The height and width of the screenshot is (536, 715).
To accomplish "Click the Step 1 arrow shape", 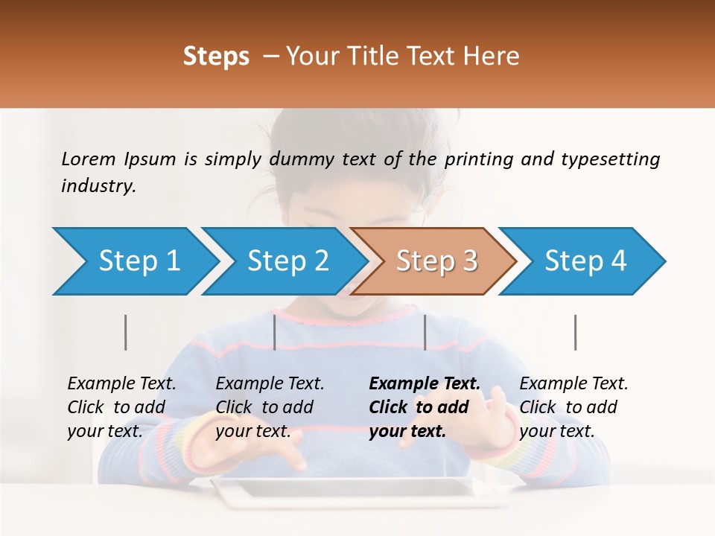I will [x=134, y=261].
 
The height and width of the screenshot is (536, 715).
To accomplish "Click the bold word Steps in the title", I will [x=216, y=57].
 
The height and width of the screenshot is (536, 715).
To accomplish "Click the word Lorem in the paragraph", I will [x=89, y=159].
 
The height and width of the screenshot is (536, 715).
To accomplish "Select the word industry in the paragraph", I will [x=98, y=186].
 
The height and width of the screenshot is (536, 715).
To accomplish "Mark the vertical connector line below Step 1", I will [x=126, y=332].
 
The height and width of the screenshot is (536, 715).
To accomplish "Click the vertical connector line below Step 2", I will [x=275, y=332].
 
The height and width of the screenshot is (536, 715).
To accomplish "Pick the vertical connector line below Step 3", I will [x=425, y=332].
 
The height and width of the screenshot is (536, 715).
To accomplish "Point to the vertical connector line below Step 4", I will [x=576, y=332].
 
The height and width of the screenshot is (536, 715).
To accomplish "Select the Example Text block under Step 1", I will [x=121, y=406].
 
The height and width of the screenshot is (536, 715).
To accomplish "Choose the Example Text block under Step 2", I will [x=270, y=406].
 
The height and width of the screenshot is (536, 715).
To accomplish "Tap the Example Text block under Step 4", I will [x=573, y=406].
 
